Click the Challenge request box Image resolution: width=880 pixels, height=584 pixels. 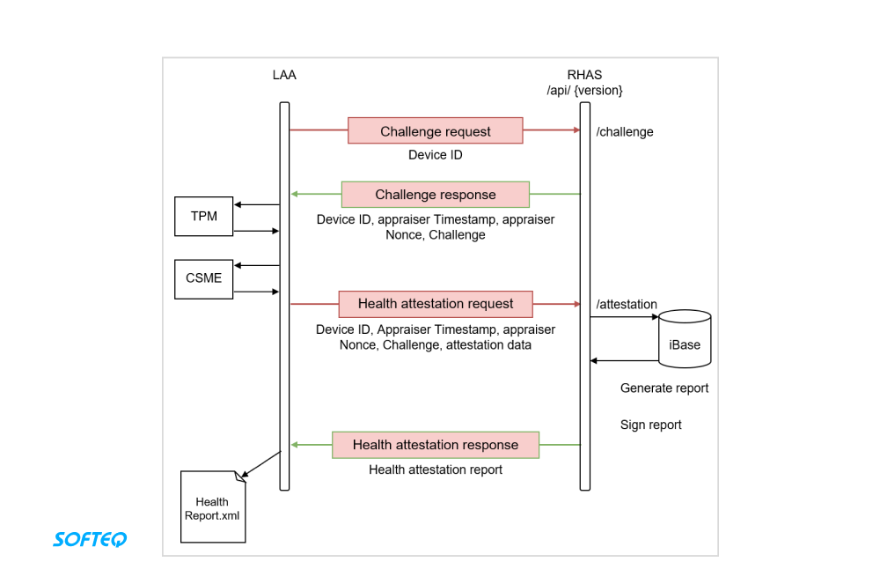point(436,130)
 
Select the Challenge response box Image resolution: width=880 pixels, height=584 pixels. point(436,195)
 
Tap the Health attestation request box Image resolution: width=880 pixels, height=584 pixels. point(436,304)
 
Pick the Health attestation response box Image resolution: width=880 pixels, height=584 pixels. point(436,445)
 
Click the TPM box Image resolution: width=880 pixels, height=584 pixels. point(203,217)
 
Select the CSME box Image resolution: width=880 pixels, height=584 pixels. point(203,278)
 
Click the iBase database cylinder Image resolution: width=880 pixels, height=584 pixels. point(685,338)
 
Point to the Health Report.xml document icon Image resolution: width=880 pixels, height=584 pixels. point(212,507)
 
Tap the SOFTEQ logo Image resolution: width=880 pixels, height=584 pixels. point(90,538)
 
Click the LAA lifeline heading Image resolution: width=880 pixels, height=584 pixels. point(284,75)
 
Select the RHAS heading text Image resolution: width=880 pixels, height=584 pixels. point(585,75)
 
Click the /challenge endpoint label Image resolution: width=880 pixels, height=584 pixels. point(625,132)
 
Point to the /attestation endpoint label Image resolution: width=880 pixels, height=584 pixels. point(627,305)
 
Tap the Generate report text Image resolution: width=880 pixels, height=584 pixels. point(664,388)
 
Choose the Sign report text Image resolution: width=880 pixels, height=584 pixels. point(651,425)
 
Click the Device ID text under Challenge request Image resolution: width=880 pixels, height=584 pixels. point(436,155)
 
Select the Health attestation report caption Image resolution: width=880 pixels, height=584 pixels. point(436,469)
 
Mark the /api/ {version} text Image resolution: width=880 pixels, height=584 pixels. point(585,90)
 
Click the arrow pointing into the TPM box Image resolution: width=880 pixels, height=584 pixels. point(256,205)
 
